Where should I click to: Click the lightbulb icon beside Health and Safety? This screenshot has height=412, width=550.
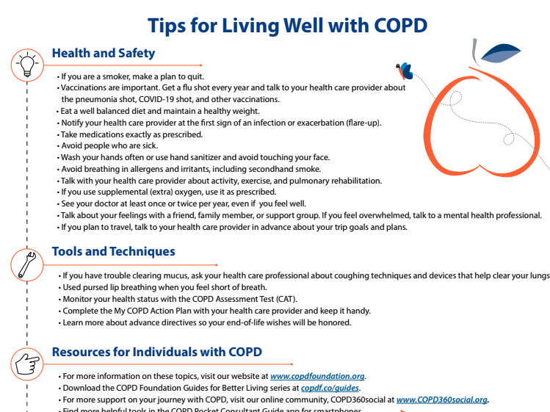(x=27, y=65)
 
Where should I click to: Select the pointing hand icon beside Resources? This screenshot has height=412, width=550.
(x=27, y=364)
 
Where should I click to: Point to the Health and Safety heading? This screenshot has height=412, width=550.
(x=103, y=54)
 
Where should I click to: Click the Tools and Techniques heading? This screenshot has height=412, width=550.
(x=113, y=252)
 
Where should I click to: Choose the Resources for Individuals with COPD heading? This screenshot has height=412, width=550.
(x=156, y=352)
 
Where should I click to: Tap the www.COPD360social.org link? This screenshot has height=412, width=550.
(x=442, y=400)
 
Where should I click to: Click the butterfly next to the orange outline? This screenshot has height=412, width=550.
(x=405, y=71)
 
